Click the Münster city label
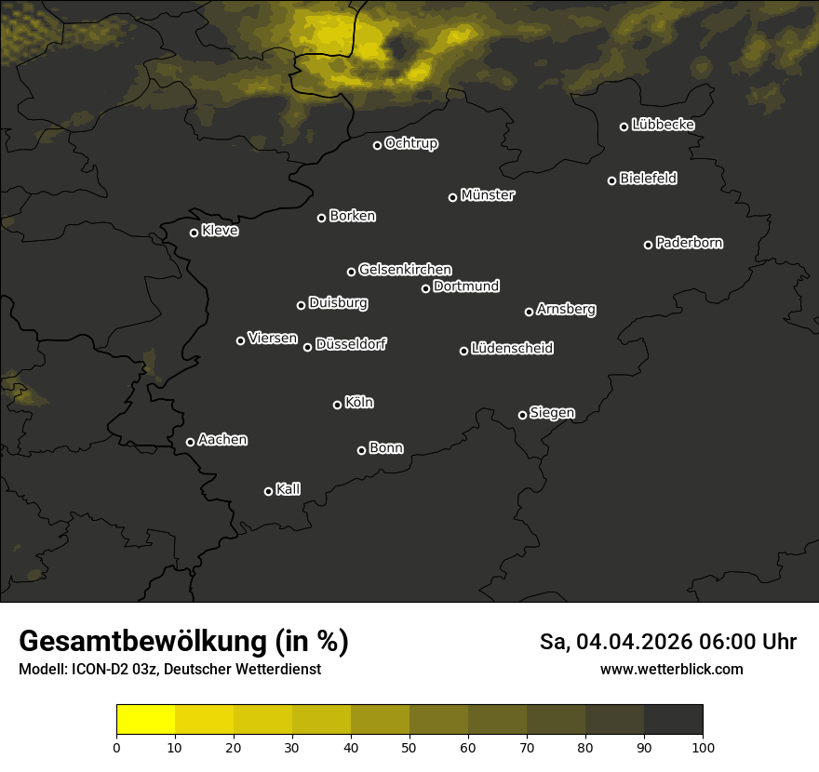pyautogui.click(x=488, y=195)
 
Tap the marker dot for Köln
pyautogui.click(x=337, y=405)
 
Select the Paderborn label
pyautogui.click(x=689, y=243)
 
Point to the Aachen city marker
pyautogui.click(x=190, y=442)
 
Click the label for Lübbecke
pyautogui.click(x=663, y=125)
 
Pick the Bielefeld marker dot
pyautogui.click(x=611, y=180)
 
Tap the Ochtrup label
pyautogui.click(x=410, y=143)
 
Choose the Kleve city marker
pyautogui.click(x=194, y=233)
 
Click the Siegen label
pyautogui.click(x=552, y=412)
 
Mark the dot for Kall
pyautogui.click(x=268, y=491)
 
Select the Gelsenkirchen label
pyautogui.click(x=405, y=270)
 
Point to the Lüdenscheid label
pyautogui.click(x=512, y=349)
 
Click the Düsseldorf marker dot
pyautogui.click(x=307, y=347)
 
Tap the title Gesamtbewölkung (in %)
pyautogui.click(x=183, y=642)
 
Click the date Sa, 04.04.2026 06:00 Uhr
pyautogui.click(x=668, y=642)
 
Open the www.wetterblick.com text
pyautogui.click(x=672, y=670)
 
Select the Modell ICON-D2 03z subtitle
pyautogui.click(x=169, y=670)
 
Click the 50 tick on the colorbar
pyautogui.click(x=409, y=747)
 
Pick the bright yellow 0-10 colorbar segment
pyautogui.click(x=145, y=720)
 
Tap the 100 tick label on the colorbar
pyautogui.click(x=703, y=747)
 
